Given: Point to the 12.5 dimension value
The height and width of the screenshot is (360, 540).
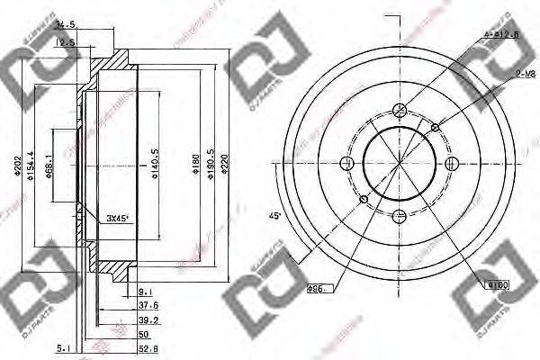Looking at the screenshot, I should pos(66,41).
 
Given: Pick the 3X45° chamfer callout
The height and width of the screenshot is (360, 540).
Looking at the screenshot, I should pos(118,218).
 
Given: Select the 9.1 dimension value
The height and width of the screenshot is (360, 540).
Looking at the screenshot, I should pos(146,290).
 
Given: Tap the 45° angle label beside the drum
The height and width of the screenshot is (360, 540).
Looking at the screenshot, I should pos(275,217).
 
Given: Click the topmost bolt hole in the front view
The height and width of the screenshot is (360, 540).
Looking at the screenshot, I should pos(400,111).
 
